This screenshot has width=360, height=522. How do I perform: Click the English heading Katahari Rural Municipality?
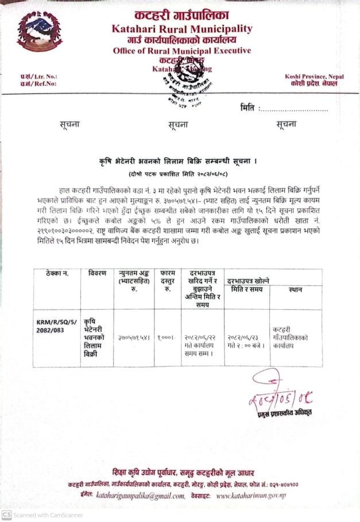tap(181, 29)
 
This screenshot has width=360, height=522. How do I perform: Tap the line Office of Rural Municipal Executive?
tap(181, 50)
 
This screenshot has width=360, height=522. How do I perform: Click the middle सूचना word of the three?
tap(178, 124)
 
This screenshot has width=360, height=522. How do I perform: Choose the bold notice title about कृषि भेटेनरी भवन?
tap(178, 163)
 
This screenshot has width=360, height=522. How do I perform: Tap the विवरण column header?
tap(97, 273)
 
